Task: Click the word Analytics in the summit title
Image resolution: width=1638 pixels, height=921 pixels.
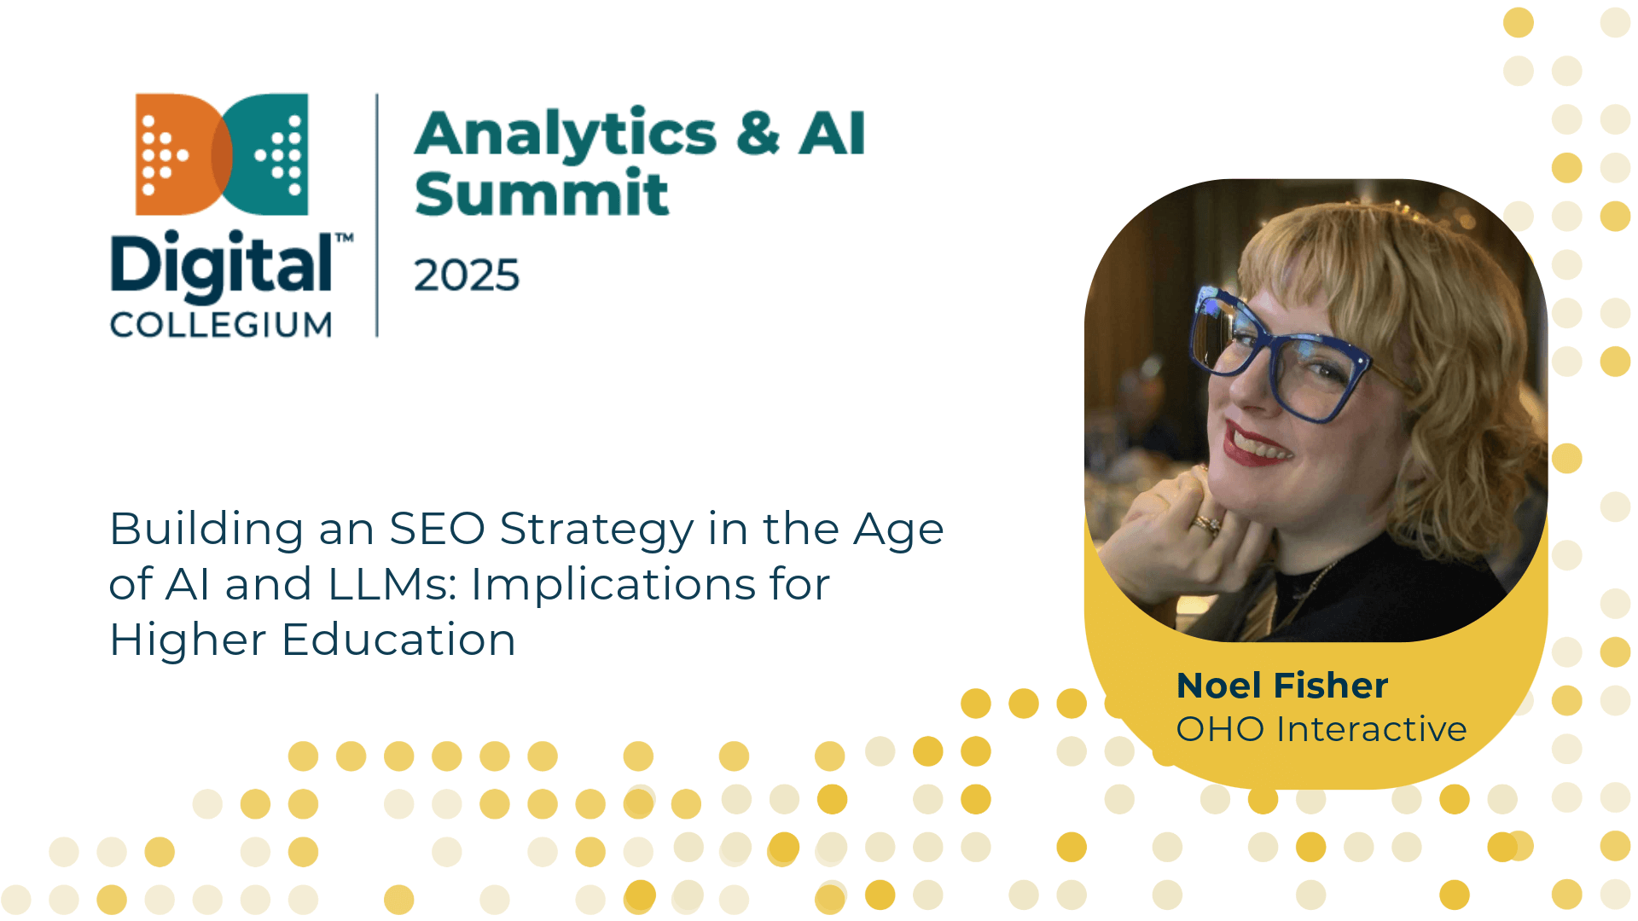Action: point(566,134)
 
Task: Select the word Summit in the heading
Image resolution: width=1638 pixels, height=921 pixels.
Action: point(542,193)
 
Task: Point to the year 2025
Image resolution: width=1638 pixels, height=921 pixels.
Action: point(467,275)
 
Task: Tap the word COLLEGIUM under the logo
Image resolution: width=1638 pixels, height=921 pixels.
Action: point(221,325)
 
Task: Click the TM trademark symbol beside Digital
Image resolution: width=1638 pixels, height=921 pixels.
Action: point(344,238)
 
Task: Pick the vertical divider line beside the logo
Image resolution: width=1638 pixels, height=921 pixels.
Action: point(377,215)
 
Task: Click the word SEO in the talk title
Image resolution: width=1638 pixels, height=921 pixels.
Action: point(437,529)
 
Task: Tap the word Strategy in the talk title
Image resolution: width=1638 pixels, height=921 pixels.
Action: point(597,530)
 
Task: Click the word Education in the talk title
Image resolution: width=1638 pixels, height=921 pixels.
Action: point(398,640)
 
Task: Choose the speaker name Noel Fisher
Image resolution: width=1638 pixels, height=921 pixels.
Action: point(1282,686)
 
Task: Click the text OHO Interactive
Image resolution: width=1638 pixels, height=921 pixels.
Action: point(1321,729)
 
